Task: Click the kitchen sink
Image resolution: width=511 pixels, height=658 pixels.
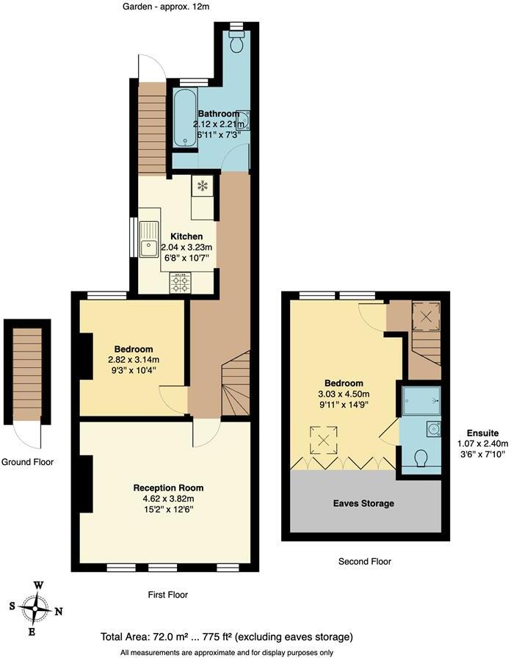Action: (x=150, y=238)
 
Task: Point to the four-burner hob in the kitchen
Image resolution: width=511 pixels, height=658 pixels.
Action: (x=180, y=282)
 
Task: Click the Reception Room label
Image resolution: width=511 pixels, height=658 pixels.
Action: (x=168, y=488)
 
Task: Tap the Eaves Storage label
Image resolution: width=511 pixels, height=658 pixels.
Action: (x=363, y=503)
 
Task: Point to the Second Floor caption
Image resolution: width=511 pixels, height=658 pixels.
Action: (x=364, y=561)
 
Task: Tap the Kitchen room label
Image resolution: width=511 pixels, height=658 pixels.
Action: (x=186, y=236)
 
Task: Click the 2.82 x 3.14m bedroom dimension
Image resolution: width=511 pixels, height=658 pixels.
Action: (x=134, y=360)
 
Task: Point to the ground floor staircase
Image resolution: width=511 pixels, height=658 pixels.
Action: (x=27, y=374)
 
